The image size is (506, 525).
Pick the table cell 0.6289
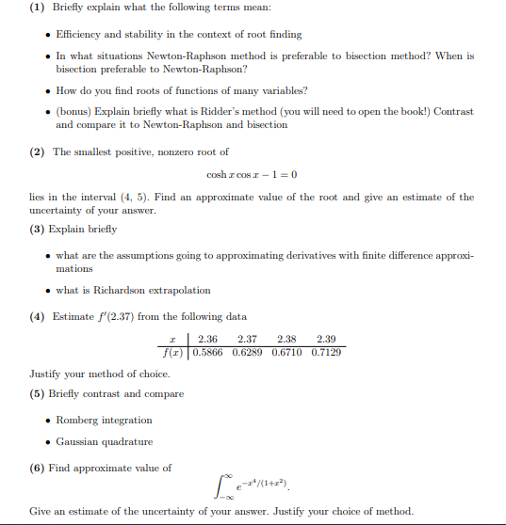pyautogui.click(x=247, y=352)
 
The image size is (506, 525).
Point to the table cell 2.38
pyautogui.click(x=286, y=339)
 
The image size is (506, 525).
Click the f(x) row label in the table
pyautogui.click(x=172, y=352)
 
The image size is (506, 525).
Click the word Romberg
pyautogui.click(x=77, y=420)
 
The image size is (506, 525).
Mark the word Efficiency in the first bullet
pyautogui.click(x=81, y=34)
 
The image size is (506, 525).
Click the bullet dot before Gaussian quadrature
pyautogui.click(x=48, y=441)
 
